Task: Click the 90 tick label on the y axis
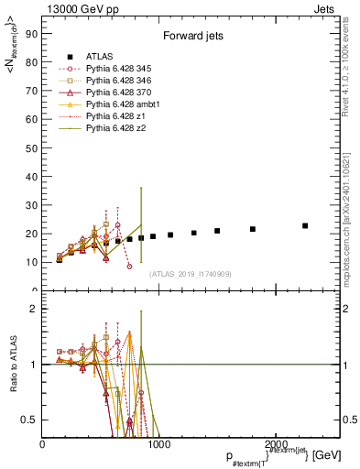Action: pyautogui.click(x=30, y=35)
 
